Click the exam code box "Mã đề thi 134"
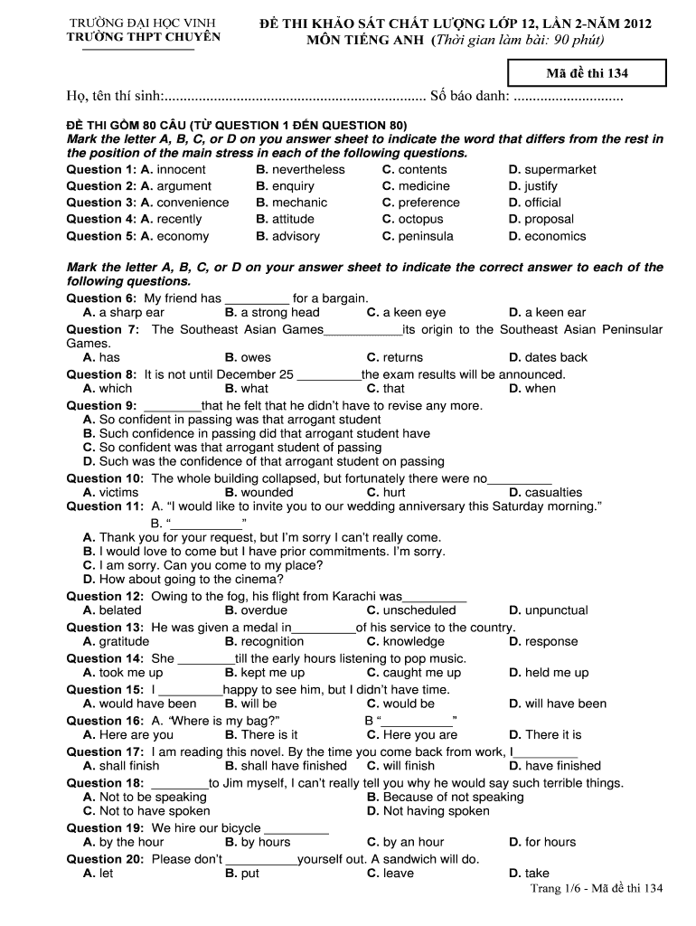(x=587, y=73)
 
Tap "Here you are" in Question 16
(x=420, y=735)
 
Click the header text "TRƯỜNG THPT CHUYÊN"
(x=144, y=37)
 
